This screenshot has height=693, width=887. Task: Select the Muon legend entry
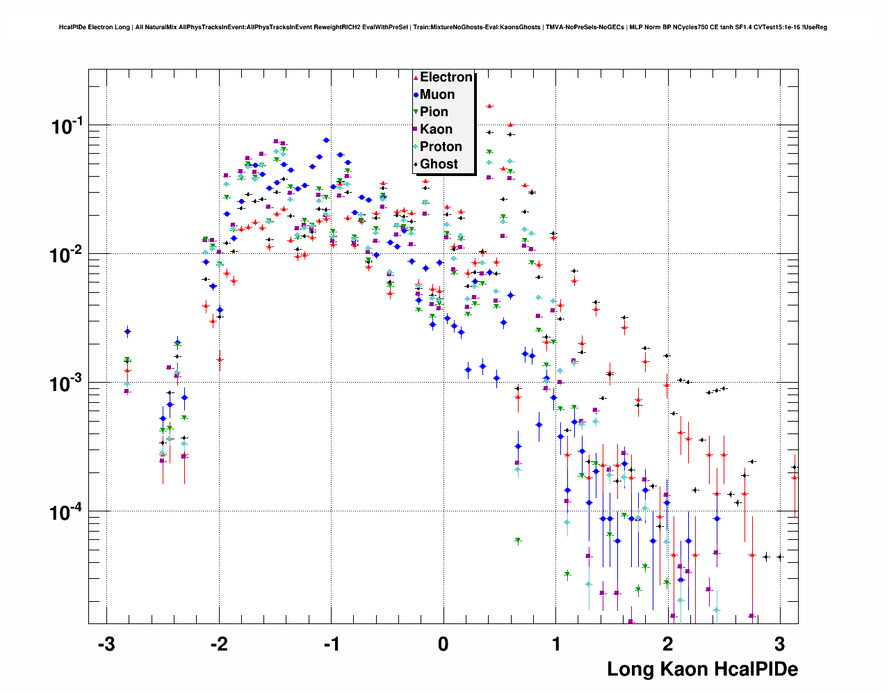point(437,95)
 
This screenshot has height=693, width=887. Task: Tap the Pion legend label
point(434,112)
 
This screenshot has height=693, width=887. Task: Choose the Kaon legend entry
point(436,129)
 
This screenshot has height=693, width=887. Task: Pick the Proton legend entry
point(441,147)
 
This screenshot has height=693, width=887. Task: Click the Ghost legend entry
point(439,164)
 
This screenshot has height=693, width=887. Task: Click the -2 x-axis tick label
point(218,644)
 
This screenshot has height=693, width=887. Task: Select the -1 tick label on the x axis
point(331,644)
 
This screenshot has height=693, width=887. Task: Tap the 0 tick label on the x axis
point(443,644)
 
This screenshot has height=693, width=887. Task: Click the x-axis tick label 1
point(556,644)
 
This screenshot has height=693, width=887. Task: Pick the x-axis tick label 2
point(668,644)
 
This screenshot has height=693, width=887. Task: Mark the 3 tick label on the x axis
point(780,644)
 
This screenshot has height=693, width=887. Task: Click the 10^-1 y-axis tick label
point(67,126)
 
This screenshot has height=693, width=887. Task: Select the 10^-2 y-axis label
point(67,255)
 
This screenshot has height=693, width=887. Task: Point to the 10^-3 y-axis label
point(67,383)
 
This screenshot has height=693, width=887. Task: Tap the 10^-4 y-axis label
point(67,512)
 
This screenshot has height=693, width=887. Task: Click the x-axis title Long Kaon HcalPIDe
point(702,669)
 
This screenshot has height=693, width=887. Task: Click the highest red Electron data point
point(489,106)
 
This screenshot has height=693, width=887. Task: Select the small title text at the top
point(443,27)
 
